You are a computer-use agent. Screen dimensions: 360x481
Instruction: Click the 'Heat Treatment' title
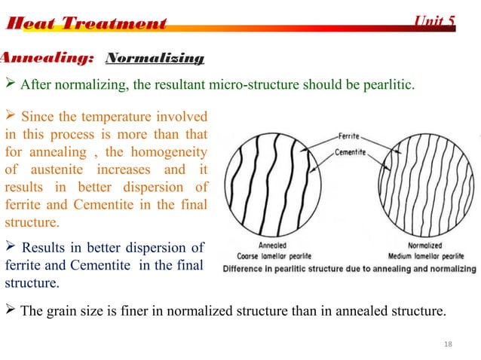[x=85, y=23]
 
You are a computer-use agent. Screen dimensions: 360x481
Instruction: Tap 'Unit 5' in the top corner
[x=436, y=21]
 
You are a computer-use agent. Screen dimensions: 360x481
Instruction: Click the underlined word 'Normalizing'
[x=155, y=58]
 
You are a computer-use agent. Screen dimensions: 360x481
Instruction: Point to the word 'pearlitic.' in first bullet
[x=388, y=84]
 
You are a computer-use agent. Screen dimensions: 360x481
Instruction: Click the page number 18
[x=449, y=343]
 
